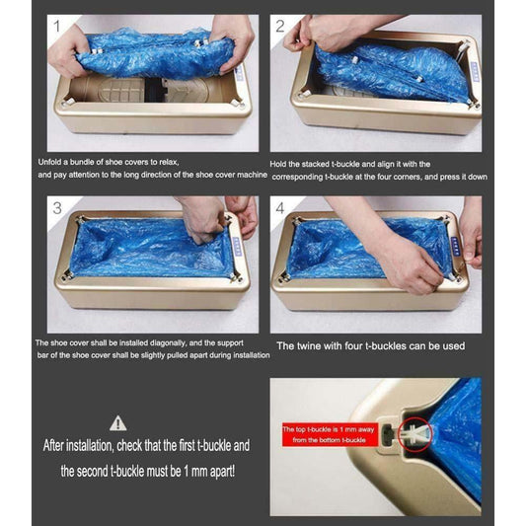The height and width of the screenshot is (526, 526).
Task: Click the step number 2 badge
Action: (x=282, y=27)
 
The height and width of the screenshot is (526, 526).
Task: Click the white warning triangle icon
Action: (x=119, y=422)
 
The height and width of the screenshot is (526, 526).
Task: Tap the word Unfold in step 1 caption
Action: (x=53, y=161)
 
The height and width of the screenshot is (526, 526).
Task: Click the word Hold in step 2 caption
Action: (x=280, y=164)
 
